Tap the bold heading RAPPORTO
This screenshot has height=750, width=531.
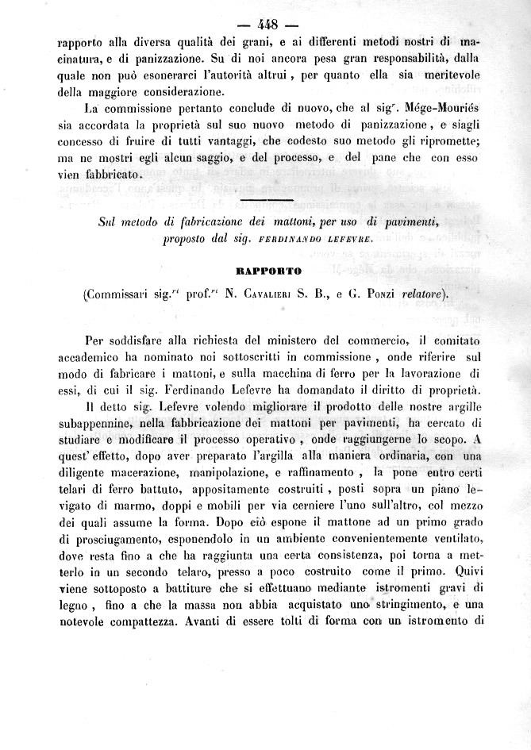click(264, 271)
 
